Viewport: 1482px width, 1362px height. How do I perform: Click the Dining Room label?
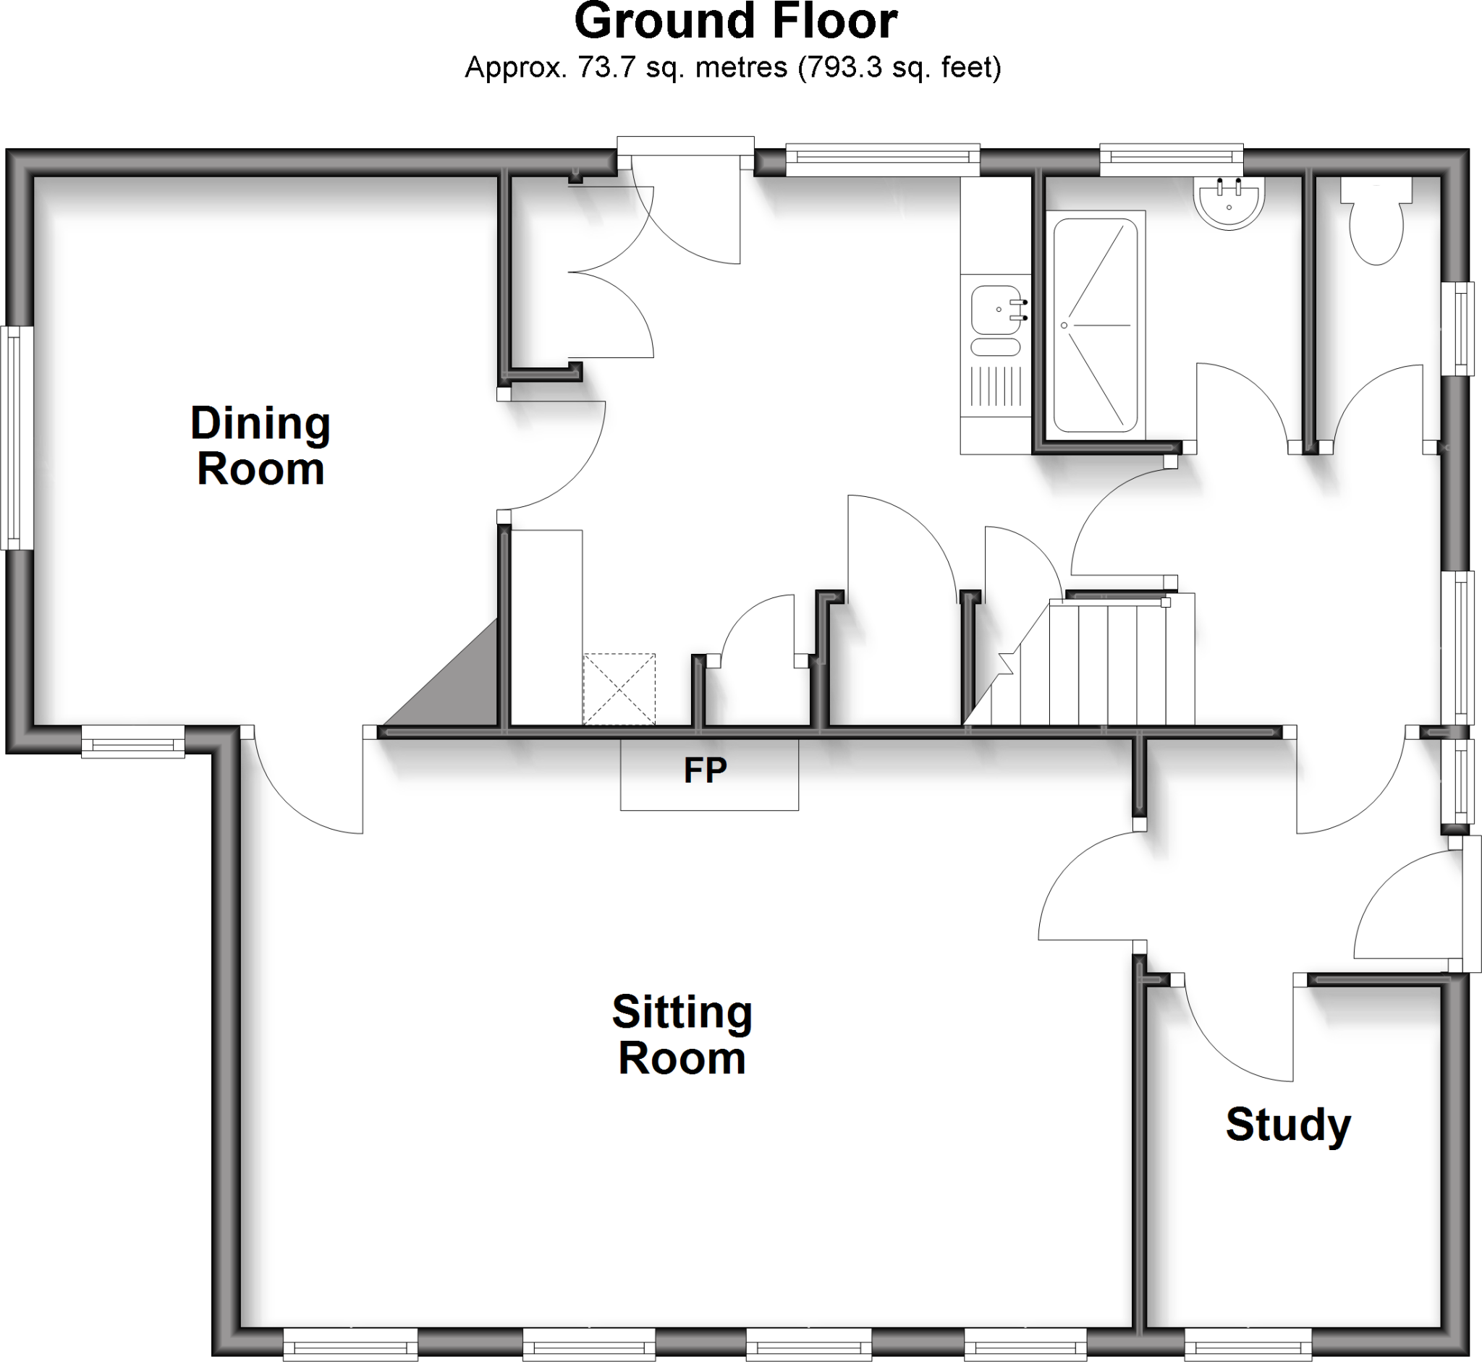click(x=261, y=446)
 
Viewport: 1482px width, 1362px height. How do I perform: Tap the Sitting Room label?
click(x=682, y=1035)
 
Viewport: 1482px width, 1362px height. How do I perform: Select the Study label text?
click(x=1288, y=1125)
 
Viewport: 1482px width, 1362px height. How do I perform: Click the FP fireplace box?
click(x=708, y=774)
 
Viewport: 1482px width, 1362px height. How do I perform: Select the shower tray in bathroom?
click(x=1095, y=325)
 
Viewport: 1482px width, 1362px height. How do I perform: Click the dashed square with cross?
click(x=619, y=689)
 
